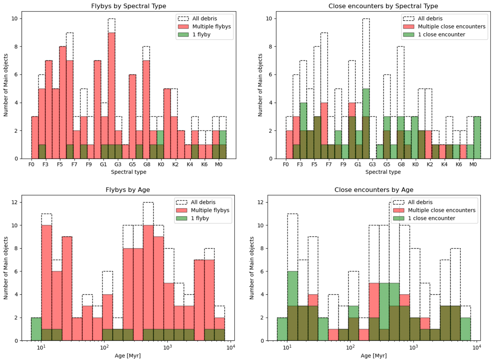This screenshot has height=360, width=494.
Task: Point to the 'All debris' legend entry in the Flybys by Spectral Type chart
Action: [203, 19]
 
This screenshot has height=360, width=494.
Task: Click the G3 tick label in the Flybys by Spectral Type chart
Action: [118, 165]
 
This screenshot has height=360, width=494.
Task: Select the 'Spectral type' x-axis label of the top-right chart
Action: [383, 172]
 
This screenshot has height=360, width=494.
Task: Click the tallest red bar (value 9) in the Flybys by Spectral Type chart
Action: [111, 95]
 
